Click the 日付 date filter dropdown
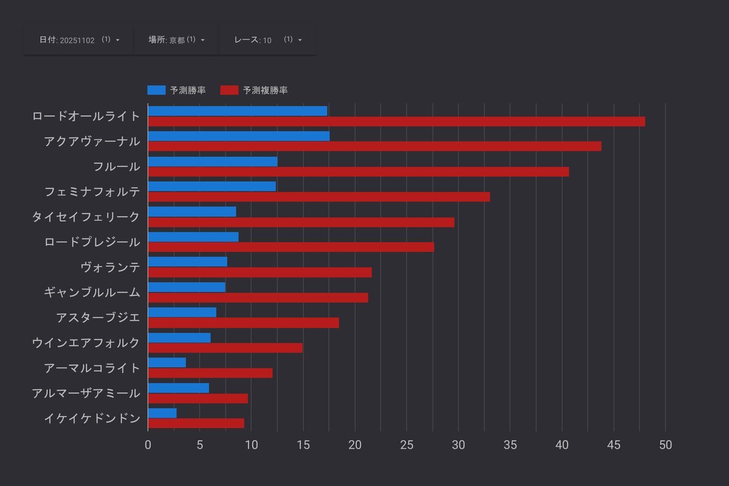(79, 40)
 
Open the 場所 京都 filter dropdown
(176, 40)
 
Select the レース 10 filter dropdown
(267, 40)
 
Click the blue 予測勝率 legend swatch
(156, 91)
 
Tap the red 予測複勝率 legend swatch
(229, 91)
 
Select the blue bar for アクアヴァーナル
(239, 136)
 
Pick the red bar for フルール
(358, 172)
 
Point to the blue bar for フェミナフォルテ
(212, 187)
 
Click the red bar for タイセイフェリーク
(301, 222)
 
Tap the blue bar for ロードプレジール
(193, 237)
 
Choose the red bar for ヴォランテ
(260, 273)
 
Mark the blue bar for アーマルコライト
(167, 363)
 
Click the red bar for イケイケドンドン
(196, 423)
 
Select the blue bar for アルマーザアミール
(179, 388)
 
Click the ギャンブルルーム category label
(92, 292)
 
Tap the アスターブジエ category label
(98, 317)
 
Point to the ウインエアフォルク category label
(86, 343)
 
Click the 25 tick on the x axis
(407, 445)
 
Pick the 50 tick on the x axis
(666, 445)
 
